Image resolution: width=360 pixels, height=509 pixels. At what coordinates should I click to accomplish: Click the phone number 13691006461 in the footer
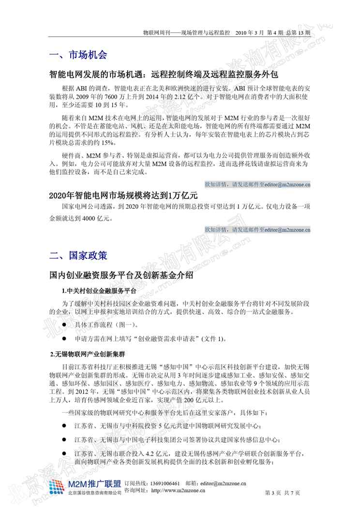pyautogui.click(x=163, y=483)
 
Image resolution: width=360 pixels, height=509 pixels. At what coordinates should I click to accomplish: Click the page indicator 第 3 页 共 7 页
pyautogui.click(x=283, y=493)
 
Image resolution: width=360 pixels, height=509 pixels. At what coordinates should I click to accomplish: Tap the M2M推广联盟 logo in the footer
pyautogui.click(x=85, y=485)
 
